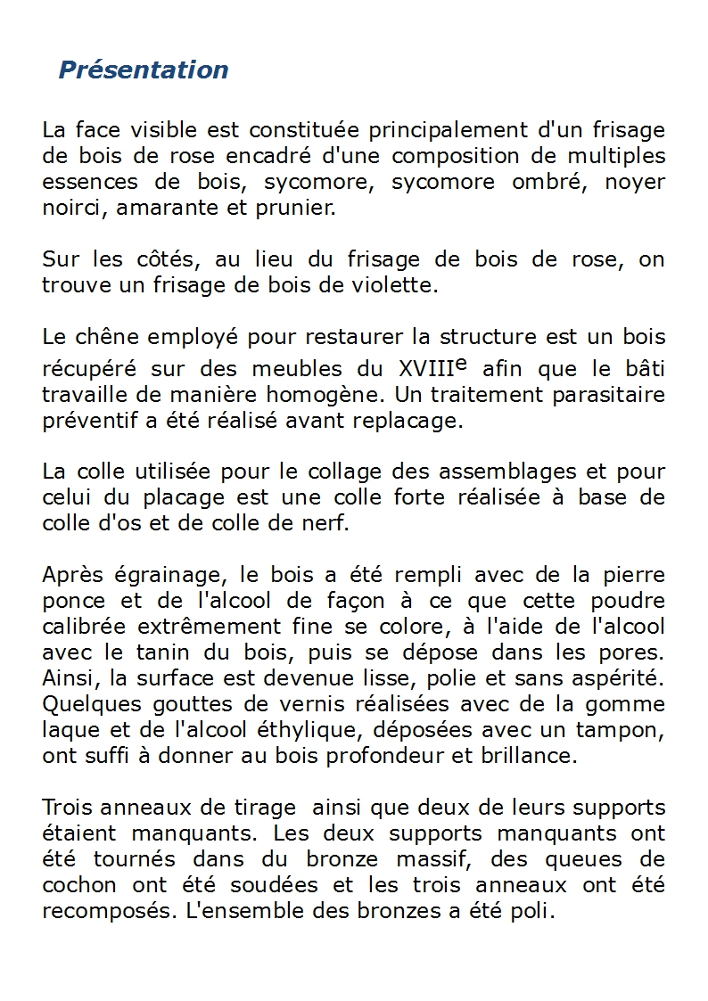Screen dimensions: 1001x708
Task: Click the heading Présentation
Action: click(x=143, y=70)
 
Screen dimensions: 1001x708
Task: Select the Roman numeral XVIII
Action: click(x=423, y=369)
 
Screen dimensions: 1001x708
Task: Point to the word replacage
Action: click(x=418, y=421)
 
